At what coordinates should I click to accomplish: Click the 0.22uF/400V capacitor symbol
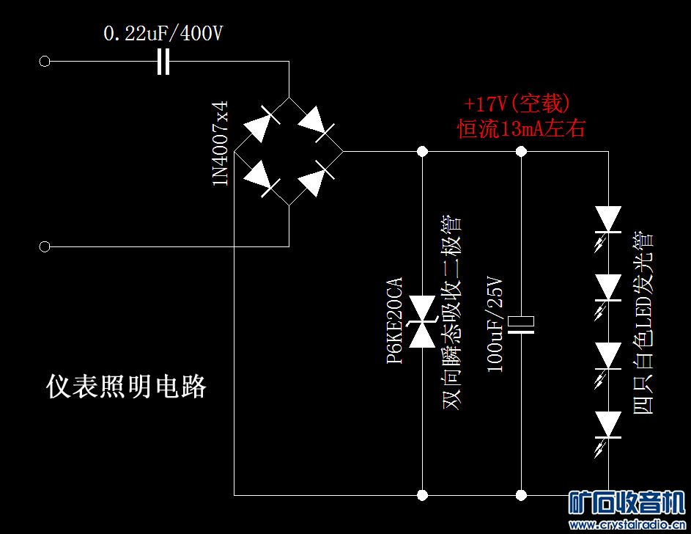[163, 62]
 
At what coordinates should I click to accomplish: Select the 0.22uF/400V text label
[163, 34]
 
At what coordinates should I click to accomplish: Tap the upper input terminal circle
[44, 62]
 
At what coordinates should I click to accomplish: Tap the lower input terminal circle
[44, 246]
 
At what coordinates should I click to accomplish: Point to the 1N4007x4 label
[221, 144]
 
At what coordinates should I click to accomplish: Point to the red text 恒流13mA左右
[522, 129]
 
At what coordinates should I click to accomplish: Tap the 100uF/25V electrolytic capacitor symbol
[522, 323]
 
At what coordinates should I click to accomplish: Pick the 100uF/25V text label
[496, 323]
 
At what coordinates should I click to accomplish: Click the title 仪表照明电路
[126, 386]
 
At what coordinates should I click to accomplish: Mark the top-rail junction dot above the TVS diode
[423, 151]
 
